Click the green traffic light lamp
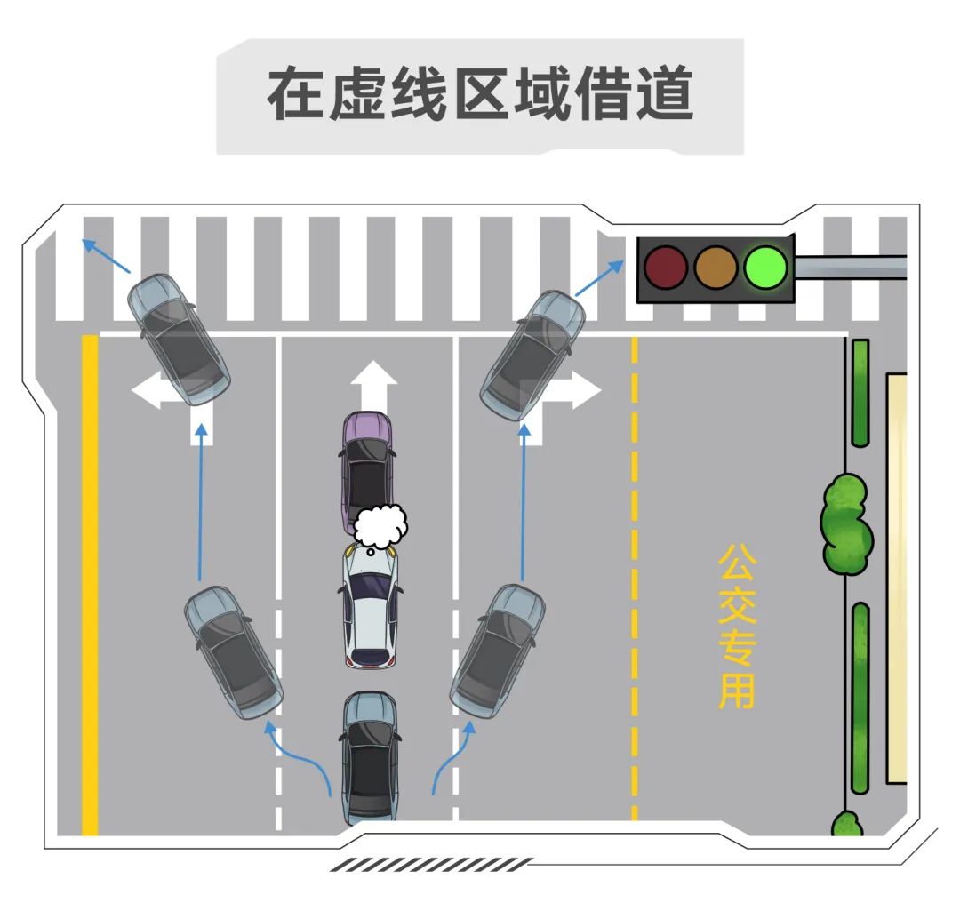[x=766, y=267]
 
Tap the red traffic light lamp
[x=665, y=267]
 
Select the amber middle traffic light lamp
[x=716, y=267]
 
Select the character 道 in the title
[x=663, y=94]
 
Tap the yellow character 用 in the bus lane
[x=737, y=691]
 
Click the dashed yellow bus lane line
[x=634, y=578]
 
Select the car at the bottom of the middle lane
[x=370, y=755]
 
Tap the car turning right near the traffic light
[x=532, y=356]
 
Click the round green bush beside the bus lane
[x=846, y=524]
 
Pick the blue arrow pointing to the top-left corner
[x=106, y=254]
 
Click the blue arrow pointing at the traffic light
[x=600, y=278]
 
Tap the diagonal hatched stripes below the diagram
[x=431, y=864]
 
